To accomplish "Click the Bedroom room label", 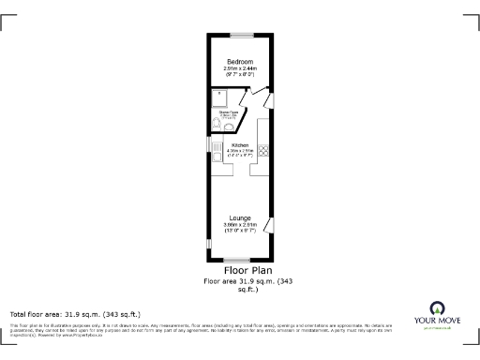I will click(239, 62).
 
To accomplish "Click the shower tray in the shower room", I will click(221, 96).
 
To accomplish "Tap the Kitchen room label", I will click(239, 145).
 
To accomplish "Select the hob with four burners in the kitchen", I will click(264, 150).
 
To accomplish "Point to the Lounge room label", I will click(239, 217).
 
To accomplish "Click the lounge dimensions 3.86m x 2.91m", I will click(239, 227).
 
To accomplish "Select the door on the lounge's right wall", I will click(270, 225).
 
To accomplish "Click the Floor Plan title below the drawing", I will click(239, 270).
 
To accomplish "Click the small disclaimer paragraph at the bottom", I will click(187, 328).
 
